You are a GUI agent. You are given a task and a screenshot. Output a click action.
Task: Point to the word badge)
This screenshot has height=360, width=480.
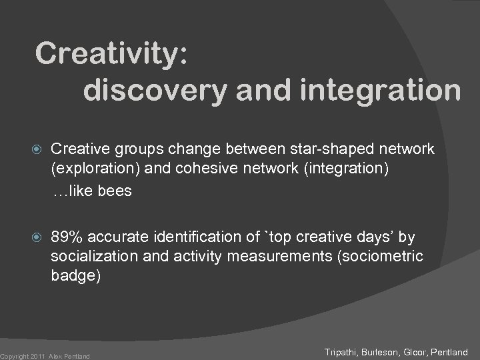(75, 276)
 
